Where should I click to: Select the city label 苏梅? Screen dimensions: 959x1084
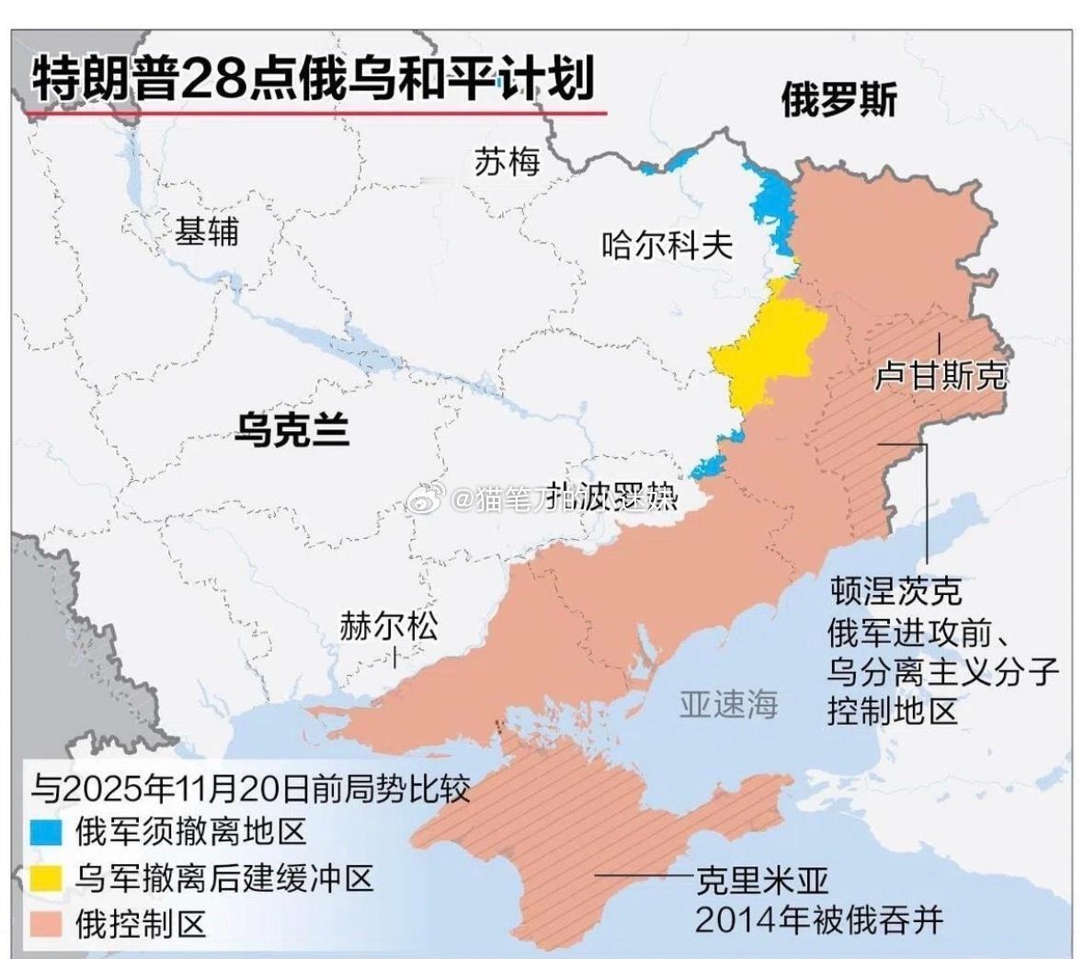[507, 163]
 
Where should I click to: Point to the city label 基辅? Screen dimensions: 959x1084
[207, 232]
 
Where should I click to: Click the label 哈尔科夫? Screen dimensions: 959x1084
[667, 245]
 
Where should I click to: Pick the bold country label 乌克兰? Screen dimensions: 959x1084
[291, 428]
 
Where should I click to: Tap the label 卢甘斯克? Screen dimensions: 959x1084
[940, 375]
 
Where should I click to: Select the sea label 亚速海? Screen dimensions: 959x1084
[728, 704]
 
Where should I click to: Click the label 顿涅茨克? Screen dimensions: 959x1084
[896, 589]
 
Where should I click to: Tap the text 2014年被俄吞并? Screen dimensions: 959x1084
[818, 919]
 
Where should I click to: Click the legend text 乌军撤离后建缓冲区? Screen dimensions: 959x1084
[224, 879]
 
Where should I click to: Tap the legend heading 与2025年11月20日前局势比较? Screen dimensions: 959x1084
[250, 789]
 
